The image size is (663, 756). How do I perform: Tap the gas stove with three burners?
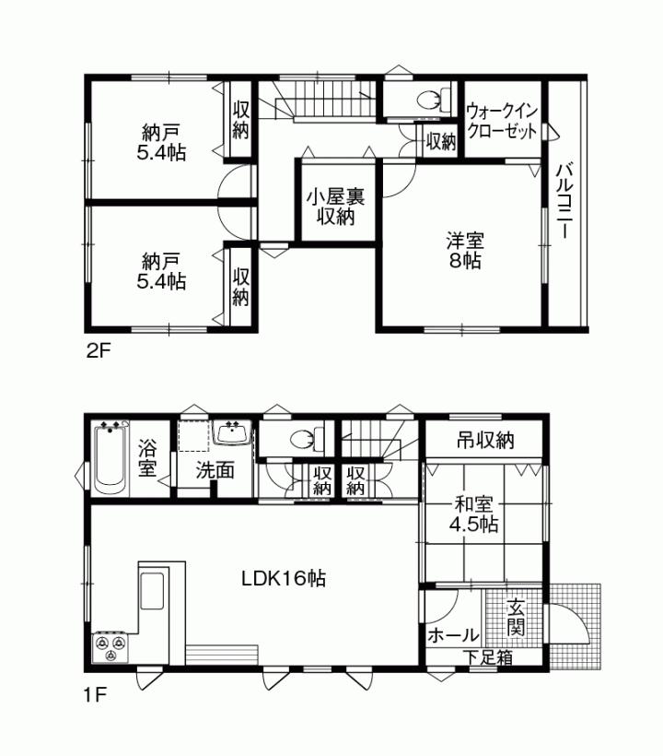click(x=111, y=647)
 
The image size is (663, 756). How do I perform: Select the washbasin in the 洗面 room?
click(x=231, y=433)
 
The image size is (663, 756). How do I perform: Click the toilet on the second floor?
click(x=430, y=100)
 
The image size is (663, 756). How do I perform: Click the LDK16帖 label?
click(x=283, y=579)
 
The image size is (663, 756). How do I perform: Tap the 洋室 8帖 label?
click(x=464, y=250)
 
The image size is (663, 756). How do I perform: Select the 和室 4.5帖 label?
click(x=473, y=514)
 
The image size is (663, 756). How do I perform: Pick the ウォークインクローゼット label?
click(x=501, y=121)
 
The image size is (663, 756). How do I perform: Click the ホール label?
click(x=453, y=635)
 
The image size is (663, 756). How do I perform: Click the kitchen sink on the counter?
click(x=152, y=591)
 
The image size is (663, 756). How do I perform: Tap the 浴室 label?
click(x=147, y=459)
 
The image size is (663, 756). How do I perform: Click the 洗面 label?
click(x=215, y=469)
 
